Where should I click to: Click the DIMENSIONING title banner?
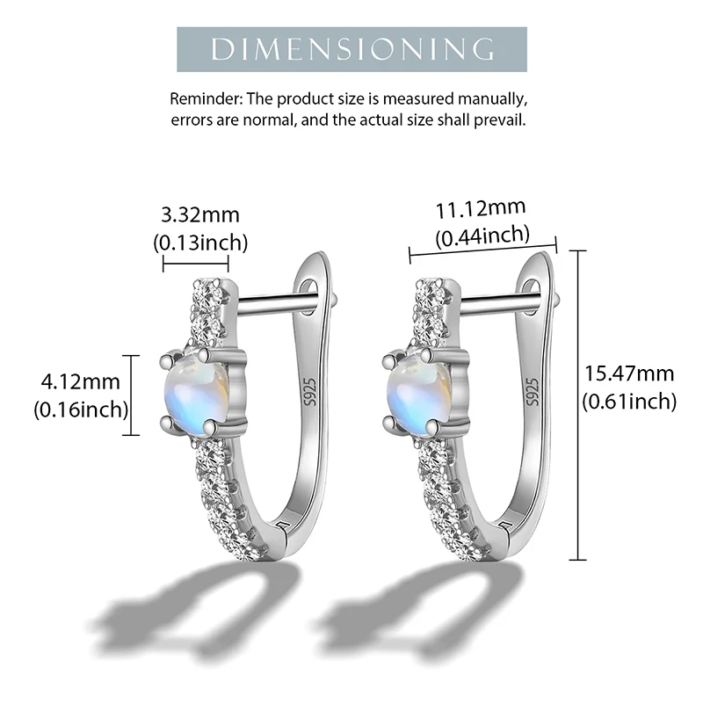(351, 48)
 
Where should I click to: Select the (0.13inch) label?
(200, 242)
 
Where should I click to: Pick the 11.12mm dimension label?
(482, 207)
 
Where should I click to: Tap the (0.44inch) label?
(482, 235)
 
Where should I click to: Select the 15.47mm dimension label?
(629, 373)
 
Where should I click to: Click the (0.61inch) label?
(629, 402)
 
